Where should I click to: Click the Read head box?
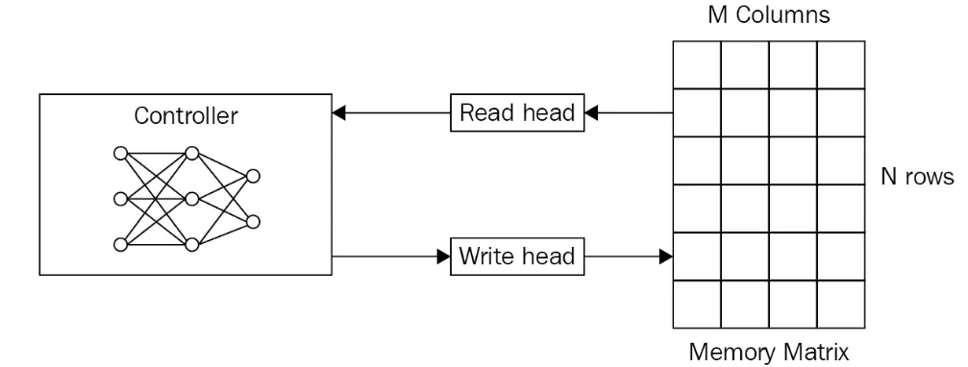[517, 112]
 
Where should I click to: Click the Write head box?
[517, 256]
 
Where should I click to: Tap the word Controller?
[186, 116]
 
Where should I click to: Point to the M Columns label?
[769, 14]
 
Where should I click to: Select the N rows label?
[917, 177]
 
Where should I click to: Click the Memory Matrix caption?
[769, 353]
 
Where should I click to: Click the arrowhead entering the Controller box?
[339, 112]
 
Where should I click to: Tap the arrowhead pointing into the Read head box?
[591, 112]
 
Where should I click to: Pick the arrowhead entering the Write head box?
[443, 256]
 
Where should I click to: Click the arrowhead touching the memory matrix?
[666, 256]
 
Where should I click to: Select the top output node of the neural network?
[253, 177]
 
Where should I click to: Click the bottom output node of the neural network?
[253, 222]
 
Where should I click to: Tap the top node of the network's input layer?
[121, 153]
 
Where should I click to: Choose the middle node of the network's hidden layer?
[192, 199]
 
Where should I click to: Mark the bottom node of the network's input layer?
[121, 245]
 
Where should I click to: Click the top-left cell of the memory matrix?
[697, 64]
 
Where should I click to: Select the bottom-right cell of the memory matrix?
[841, 305]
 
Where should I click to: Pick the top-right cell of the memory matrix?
[841, 64]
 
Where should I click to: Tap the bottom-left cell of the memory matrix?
[697, 305]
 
